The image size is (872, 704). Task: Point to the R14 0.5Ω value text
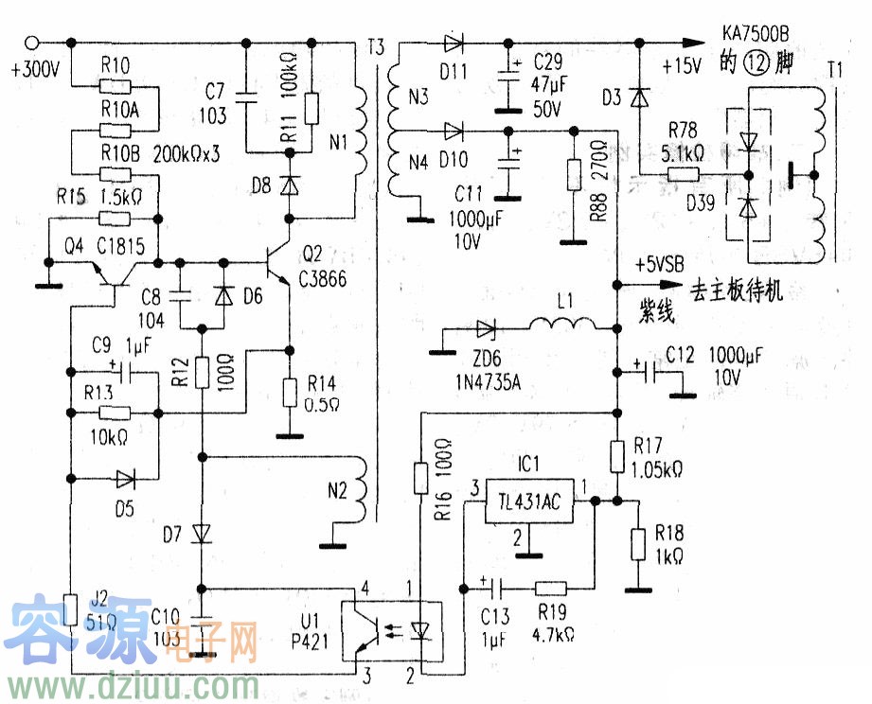(x=323, y=401)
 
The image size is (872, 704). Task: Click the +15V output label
(x=683, y=66)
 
